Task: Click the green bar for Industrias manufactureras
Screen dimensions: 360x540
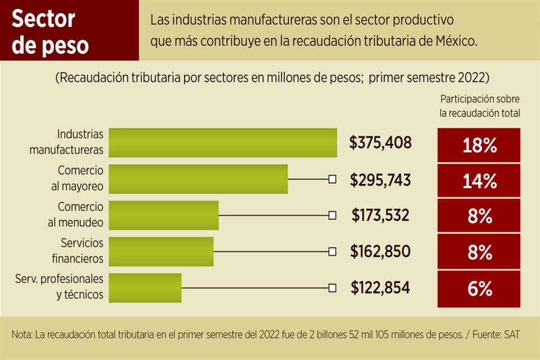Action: [222, 143]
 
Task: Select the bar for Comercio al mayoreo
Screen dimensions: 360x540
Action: [198, 179]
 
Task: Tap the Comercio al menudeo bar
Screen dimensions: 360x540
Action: [163, 215]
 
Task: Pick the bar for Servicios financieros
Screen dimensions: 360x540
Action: [161, 251]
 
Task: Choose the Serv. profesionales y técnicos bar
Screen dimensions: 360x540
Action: [145, 288]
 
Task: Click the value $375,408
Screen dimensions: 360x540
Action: [380, 143]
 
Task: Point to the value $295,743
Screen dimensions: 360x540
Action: [380, 179]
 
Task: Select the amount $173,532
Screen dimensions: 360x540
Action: [380, 215]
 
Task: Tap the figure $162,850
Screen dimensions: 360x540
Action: [380, 251]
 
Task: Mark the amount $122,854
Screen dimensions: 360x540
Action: [380, 288]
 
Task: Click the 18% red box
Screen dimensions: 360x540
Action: [479, 146]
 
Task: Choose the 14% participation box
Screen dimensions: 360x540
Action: [479, 181]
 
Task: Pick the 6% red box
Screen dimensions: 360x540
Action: [479, 289]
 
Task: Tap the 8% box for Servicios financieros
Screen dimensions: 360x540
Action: [479, 253]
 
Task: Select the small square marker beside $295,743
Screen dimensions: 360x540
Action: [332, 179]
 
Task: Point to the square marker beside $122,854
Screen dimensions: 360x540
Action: [332, 288]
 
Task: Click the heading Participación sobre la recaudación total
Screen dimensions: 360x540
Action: [480, 106]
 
